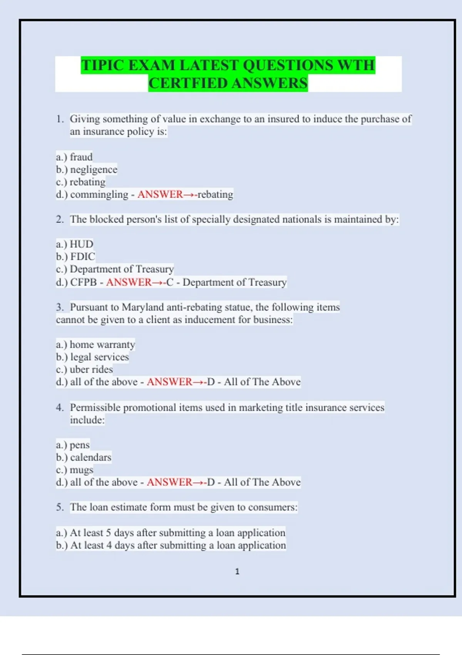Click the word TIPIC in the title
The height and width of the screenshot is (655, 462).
click(103, 65)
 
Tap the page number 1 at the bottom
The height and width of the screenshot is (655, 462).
click(237, 571)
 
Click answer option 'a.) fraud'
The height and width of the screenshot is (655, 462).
click(74, 157)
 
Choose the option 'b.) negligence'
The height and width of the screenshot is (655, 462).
click(87, 170)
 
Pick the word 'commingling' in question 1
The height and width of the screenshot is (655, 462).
click(99, 194)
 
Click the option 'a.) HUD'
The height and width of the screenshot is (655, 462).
click(75, 244)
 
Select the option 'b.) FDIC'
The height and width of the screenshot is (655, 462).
click(75, 257)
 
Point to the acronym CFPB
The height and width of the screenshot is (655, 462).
click(84, 282)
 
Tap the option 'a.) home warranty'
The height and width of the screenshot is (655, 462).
click(95, 344)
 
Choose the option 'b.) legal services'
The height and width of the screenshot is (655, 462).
click(92, 357)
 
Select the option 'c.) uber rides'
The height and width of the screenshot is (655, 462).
click(84, 369)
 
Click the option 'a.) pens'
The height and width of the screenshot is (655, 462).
click(73, 445)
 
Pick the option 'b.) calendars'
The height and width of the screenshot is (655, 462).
click(84, 457)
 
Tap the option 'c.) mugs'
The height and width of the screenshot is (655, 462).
click(75, 470)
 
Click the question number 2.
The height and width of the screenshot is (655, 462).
click(60, 219)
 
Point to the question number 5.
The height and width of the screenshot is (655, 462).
click(60, 507)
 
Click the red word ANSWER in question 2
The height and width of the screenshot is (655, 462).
click(129, 282)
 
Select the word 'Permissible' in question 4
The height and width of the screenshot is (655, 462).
click(95, 407)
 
